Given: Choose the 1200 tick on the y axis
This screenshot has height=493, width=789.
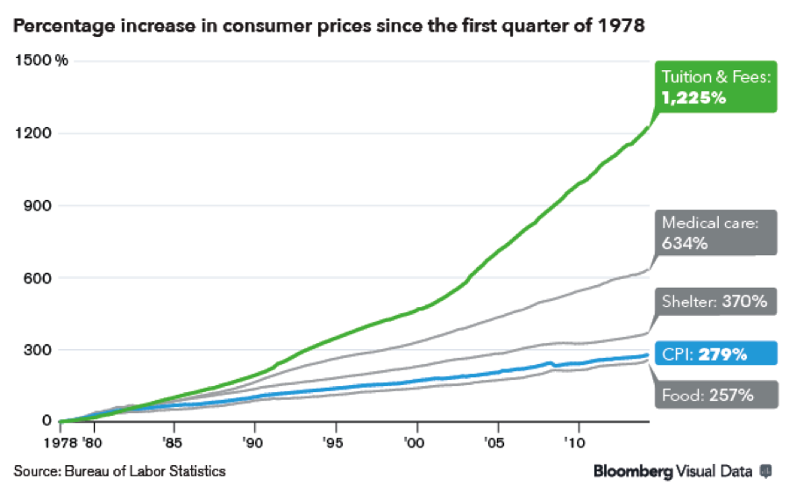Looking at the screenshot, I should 30,133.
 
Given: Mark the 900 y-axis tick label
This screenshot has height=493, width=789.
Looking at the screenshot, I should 33,205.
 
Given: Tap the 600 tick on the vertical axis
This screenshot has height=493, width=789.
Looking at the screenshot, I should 33,278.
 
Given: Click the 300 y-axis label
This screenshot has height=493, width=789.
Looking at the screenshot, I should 33,350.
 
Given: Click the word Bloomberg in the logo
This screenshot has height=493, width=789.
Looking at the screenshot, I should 633,471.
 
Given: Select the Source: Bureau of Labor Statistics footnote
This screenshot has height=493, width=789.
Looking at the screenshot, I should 119,471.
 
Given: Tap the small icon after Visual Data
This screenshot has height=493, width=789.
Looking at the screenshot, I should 765,471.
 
